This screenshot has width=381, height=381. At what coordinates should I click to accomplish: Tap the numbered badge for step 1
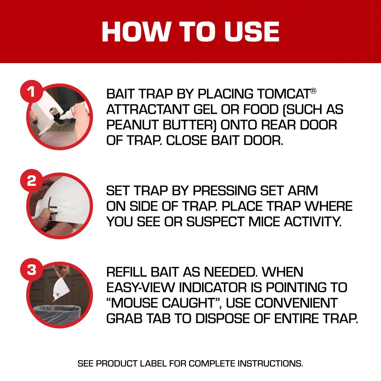click(x=31, y=92)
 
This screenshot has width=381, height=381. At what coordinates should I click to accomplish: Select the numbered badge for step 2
click(x=31, y=181)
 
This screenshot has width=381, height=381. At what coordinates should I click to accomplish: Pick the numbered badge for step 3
click(x=31, y=270)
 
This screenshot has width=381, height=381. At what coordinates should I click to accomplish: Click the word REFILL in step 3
click(x=126, y=272)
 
